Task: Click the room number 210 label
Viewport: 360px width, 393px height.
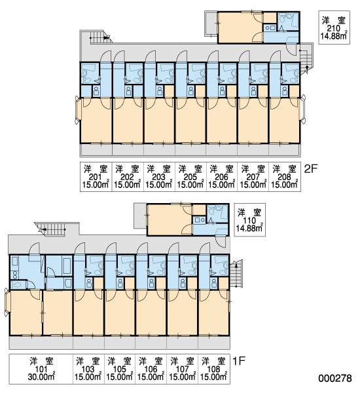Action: click(333, 28)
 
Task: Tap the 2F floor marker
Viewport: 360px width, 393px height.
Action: click(311, 169)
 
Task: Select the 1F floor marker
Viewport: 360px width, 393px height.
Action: click(239, 361)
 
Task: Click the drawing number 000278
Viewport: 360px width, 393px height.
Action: click(335, 378)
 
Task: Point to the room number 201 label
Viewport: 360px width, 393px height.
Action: click(95, 177)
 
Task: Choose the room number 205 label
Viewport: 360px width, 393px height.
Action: click(190, 177)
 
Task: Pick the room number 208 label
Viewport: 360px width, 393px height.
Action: click(284, 177)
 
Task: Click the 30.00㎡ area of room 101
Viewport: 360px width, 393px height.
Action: click(41, 377)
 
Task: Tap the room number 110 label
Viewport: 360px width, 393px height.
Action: click(249, 220)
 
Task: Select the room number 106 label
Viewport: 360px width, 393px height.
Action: click(151, 369)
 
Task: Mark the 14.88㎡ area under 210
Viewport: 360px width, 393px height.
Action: click(334, 35)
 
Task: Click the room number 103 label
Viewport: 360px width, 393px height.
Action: click(88, 369)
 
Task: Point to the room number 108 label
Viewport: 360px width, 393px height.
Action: click(213, 369)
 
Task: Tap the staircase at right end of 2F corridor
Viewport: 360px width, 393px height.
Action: click(306, 59)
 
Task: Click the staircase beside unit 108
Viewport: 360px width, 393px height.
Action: click(236, 273)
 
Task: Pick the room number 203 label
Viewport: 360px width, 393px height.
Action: click(158, 177)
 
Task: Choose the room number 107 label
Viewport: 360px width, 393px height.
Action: click(182, 369)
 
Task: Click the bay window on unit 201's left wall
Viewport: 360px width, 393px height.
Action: click(78, 109)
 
